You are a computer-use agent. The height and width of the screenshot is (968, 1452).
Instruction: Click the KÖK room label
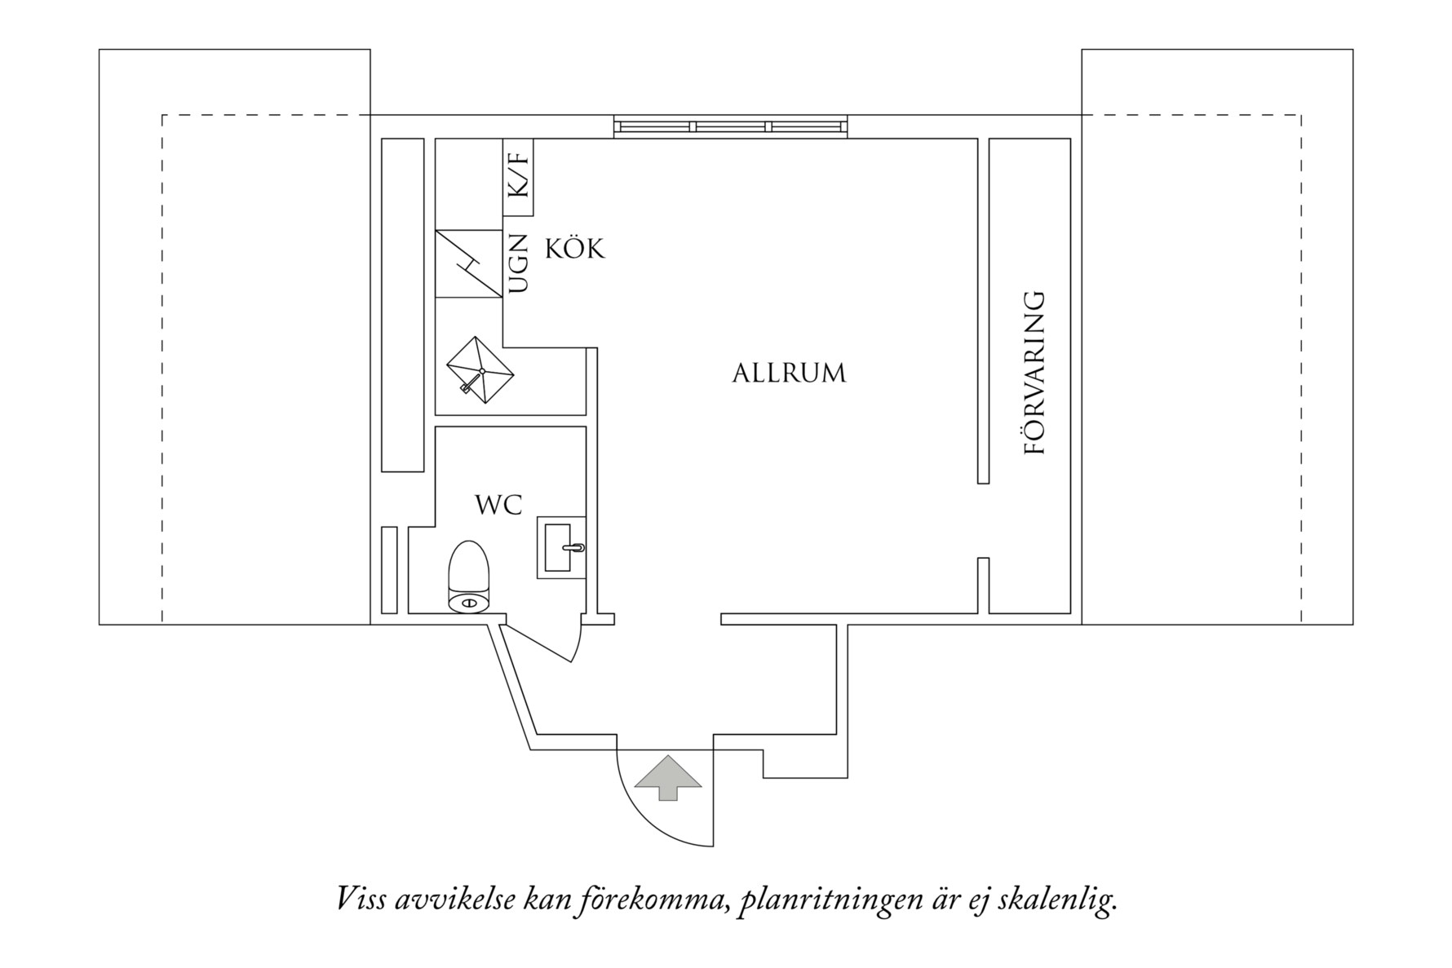574,249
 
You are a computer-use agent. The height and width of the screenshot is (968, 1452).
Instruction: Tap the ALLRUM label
789,373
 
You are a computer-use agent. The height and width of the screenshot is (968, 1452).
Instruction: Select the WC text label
498,505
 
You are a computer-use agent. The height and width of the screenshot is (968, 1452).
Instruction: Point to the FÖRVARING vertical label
1034,373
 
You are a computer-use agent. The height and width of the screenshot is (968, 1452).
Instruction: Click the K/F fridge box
518,177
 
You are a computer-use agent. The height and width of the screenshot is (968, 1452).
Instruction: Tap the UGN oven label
518,264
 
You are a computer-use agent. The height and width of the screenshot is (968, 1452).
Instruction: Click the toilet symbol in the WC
469,577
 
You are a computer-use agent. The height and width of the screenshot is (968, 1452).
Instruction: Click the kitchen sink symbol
480,371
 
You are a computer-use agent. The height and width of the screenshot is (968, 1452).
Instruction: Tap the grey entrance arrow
668,777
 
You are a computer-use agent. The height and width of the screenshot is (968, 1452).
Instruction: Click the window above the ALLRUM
730,127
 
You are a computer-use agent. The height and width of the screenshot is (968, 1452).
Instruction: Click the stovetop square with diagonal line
468,264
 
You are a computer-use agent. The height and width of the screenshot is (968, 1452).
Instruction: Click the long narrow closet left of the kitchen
403,305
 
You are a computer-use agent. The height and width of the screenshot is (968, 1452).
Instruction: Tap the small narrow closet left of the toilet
389,570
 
